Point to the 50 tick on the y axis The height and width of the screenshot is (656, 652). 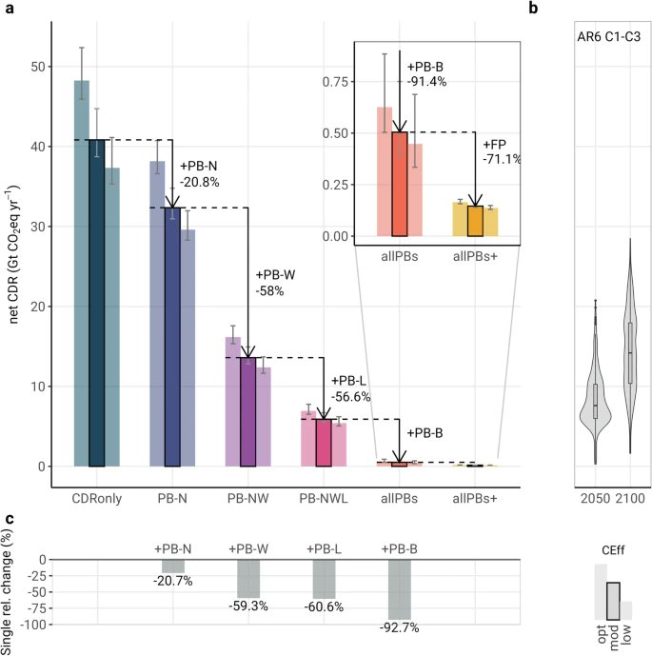pyautogui.click(x=37, y=67)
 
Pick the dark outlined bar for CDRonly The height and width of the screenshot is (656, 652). pyautogui.click(x=96, y=303)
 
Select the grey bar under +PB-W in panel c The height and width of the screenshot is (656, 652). pyautogui.click(x=247, y=578)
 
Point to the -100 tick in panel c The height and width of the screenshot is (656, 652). pyautogui.click(x=33, y=625)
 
